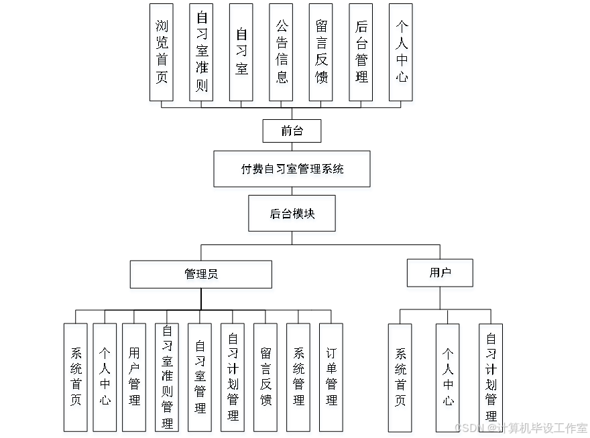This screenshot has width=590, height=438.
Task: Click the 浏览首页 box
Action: tap(162, 55)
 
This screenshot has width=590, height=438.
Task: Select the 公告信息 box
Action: tap(282, 55)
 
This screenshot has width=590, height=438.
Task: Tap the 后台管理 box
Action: tap(361, 55)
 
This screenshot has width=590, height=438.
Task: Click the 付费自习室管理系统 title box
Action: tap(292, 171)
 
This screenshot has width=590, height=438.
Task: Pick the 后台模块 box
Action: tap(292, 215)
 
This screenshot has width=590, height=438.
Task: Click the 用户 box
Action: tap(440, 275)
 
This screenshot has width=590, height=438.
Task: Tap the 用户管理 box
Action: tap(135, 379)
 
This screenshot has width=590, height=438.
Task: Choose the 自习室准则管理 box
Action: tap(168, 379)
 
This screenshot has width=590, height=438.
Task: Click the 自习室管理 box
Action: tap(200, 379)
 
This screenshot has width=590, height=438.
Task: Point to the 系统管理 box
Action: tap(298, 379)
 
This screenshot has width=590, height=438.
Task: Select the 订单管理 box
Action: tap(331, 379)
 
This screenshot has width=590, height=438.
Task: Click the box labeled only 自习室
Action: tap(242, 55)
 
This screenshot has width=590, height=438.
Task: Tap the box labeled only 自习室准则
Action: tap(202, 55)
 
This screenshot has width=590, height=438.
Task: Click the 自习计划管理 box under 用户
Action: tap(491, 379)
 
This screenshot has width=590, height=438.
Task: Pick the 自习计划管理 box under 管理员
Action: tap(233, 379)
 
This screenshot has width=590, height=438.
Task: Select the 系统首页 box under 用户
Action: tap(401, 379)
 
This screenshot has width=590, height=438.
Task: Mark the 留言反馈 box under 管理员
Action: tap(266, 379)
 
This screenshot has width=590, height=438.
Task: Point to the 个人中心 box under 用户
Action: tap(448, 379)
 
